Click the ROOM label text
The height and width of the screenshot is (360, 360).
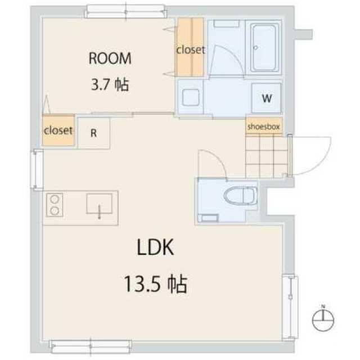110,58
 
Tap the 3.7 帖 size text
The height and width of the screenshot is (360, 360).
110,84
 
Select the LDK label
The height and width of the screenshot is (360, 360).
155,247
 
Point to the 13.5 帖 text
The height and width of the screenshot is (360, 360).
156,284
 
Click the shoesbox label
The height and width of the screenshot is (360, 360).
264,127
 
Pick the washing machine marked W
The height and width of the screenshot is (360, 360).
266,98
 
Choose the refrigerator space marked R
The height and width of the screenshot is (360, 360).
94,133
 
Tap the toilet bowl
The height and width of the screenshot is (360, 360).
240,196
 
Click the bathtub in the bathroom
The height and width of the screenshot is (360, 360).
264,48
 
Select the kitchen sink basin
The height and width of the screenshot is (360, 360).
99,204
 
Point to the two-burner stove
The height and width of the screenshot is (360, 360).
55,205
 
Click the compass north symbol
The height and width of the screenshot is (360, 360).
323,319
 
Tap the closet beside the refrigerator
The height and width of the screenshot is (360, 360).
58,130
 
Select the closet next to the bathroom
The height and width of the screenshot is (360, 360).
190,47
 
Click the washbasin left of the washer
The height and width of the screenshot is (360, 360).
191,97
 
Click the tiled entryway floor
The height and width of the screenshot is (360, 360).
266,156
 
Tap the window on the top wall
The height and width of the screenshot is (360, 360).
125,11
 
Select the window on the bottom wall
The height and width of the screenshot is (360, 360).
91,346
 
